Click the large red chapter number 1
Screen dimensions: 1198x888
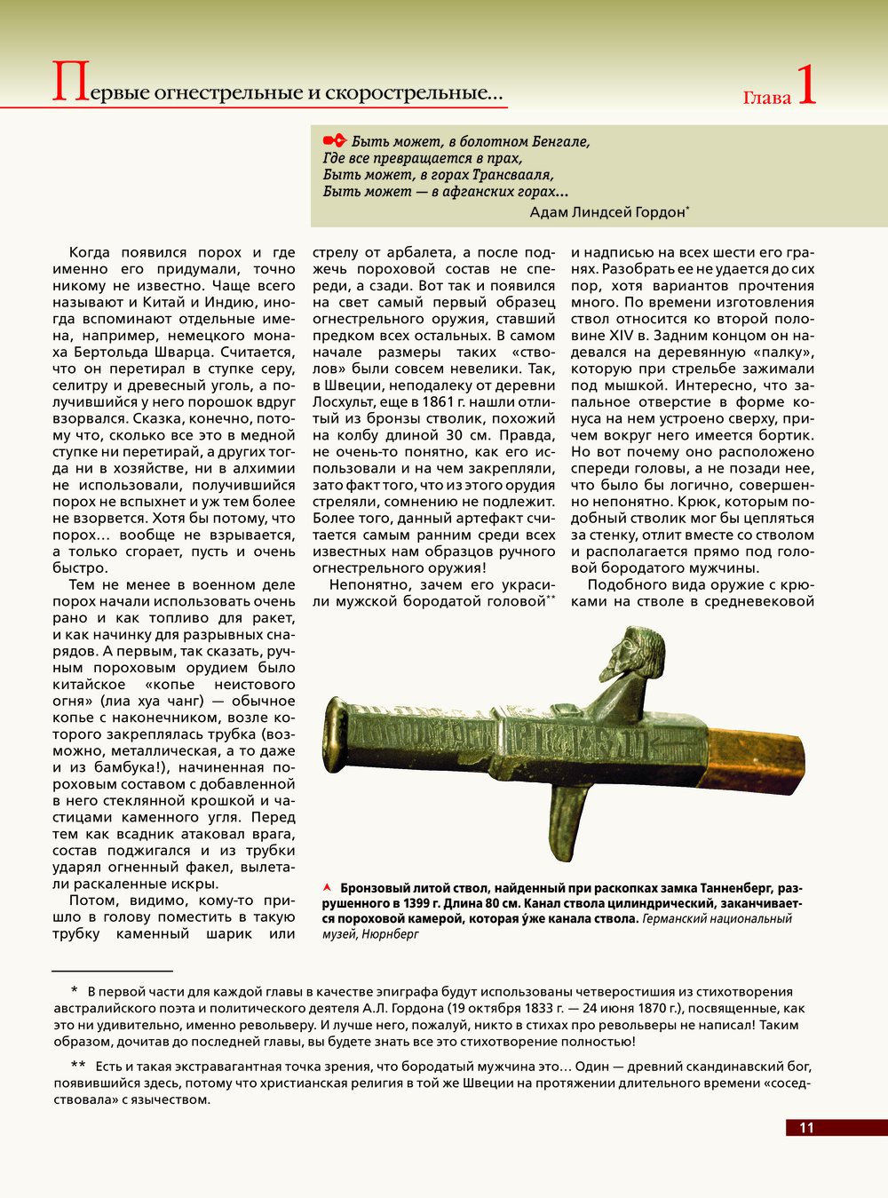805,86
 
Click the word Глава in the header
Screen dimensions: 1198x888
766,98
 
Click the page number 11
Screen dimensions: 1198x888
806,1128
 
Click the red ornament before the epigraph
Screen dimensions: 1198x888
334,140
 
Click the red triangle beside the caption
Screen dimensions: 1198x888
327,887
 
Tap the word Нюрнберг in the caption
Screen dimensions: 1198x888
390,934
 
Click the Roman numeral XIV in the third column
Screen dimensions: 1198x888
621,335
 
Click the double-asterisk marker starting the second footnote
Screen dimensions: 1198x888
78,1066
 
